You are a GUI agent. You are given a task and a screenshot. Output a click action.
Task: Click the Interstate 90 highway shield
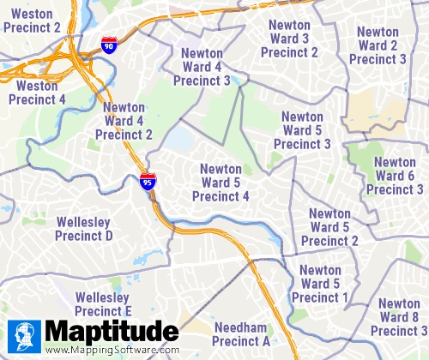[x=108, y=45]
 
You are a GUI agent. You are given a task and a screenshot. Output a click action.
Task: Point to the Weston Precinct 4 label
[x=37, y=93]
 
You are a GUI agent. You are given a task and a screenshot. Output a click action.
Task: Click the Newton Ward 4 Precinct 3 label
[x=202, y=67]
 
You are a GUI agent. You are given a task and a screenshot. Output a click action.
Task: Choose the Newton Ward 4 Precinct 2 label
[x=124, y=121]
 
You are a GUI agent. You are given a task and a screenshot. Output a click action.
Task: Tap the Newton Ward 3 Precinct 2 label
[x=289, y=39]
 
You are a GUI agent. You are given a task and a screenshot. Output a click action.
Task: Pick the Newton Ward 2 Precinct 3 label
[x=378, y=45]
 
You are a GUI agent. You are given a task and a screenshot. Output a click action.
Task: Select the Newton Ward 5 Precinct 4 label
[x=221, y=183]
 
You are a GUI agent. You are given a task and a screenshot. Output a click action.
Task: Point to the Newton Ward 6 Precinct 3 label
[x=395, y=176]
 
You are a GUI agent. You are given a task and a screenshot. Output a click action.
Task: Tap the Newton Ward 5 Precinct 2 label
[x=329, y=227]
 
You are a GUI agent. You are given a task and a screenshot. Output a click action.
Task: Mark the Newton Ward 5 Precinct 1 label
[x=320, y=284]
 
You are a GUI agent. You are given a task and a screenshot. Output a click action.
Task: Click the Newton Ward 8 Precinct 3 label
[x=398, y=317]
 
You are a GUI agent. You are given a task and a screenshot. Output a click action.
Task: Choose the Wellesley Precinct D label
[x=84, y=229]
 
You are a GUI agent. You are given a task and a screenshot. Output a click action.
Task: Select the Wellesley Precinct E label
[x=103, y=303]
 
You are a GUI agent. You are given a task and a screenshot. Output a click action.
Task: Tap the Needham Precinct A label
[x=242, y=334]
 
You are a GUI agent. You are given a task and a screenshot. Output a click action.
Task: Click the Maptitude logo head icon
[x=24, y=335]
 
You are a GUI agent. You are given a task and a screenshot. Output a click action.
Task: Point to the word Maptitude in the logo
[x=112, y=332]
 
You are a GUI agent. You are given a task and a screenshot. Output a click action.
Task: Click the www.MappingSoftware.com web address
[x=112, y=351]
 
